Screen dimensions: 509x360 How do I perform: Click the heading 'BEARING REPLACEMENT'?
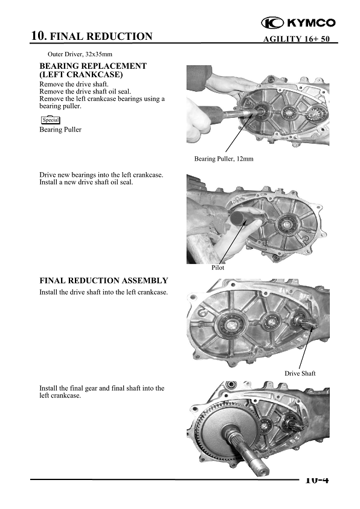pyautogui.click(x=92, y=66)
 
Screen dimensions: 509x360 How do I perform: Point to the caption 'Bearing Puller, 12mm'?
pyautogui.click(x=223, y=159)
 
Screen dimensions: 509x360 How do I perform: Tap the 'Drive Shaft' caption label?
pyautogui.click(x=300, y=373)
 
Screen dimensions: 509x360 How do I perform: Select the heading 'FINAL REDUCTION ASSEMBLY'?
pyautogui.click(x=103, y=281)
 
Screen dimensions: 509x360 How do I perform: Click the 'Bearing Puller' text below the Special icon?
pyautogui.click(x=60, y=130)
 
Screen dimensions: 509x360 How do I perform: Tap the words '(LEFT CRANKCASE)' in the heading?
pyautogui.click(x=81, y=74)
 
